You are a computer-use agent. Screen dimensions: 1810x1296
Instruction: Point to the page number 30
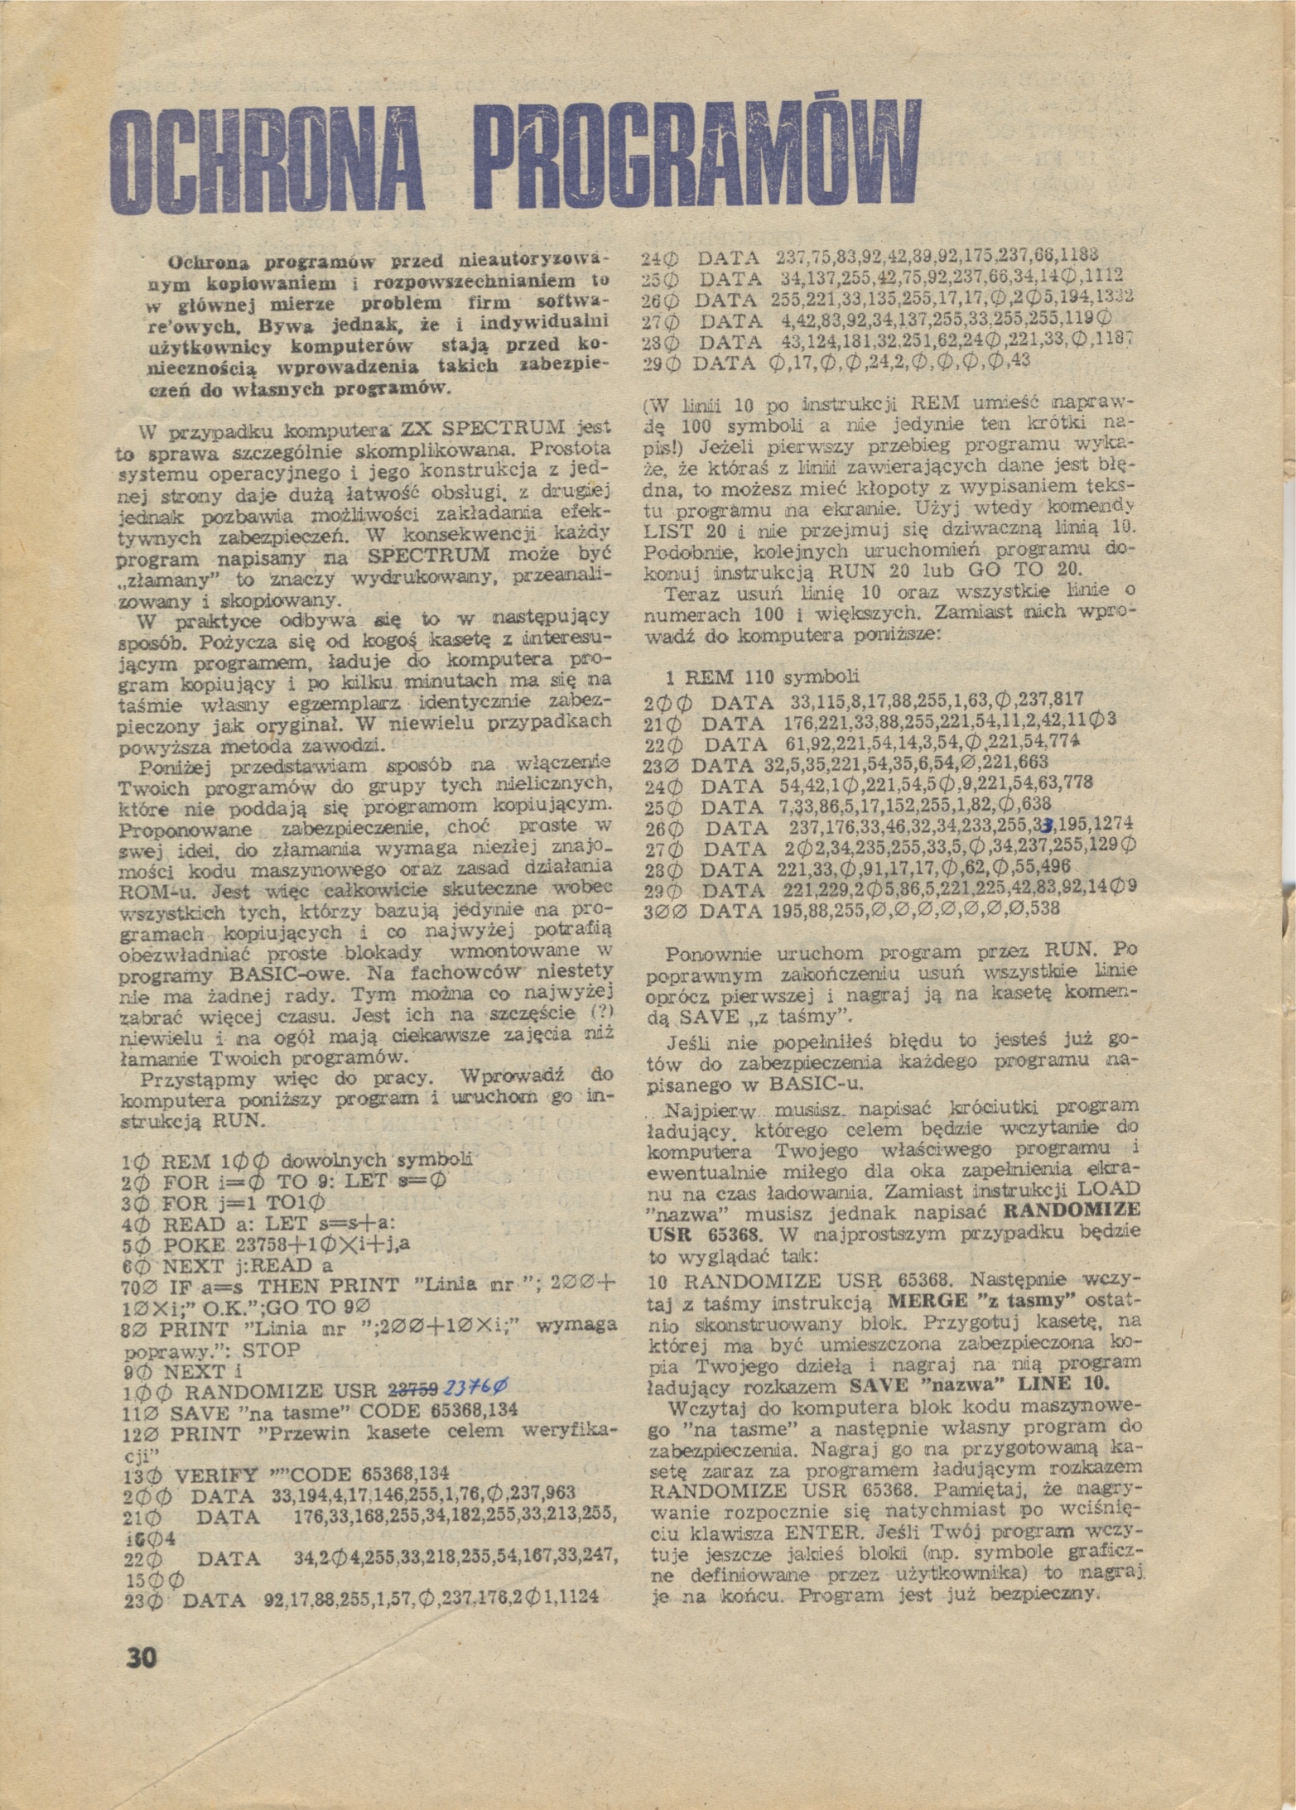tap(141, 1658)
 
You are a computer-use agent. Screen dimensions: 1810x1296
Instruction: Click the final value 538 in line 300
tap(1041, 911)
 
